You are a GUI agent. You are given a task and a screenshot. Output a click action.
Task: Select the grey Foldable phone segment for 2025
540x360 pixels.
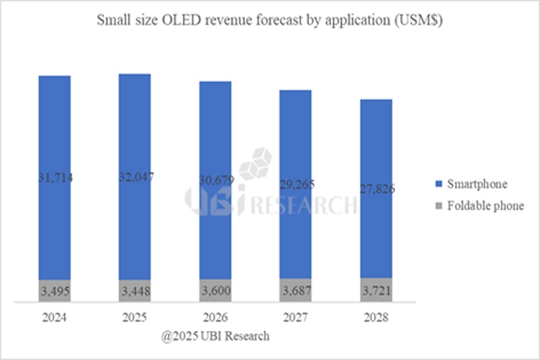[x=135, y=290]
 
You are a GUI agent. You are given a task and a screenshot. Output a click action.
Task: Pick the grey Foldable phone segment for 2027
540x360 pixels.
[x=295, y=290]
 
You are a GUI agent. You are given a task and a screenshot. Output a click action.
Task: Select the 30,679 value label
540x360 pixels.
[x=215, y=180]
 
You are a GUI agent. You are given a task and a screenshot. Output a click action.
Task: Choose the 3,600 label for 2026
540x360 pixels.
[x=215, y=290]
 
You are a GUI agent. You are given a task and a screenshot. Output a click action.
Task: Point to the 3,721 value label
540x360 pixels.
[x=376, y=290]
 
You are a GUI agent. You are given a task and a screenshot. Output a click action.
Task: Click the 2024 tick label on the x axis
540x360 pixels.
[x=54, y=319]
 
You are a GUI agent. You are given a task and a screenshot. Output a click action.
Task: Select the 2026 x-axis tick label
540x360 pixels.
[x=215, y=319]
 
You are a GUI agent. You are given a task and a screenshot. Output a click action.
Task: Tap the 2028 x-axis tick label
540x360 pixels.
[x=376, y=319]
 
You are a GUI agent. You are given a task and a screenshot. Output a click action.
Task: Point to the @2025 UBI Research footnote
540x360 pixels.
[x=215, y=336]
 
